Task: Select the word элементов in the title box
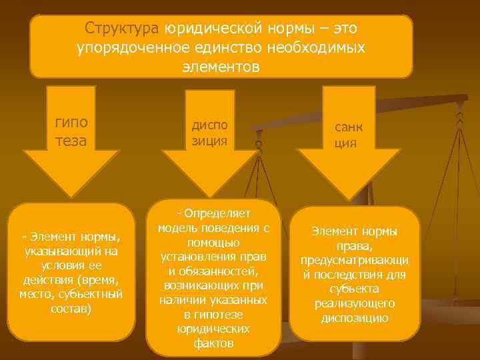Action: tap(220, 67)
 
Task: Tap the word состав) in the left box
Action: tap(71, 309)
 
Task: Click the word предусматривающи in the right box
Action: tap(355, 260)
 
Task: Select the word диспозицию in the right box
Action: tap(355, 318)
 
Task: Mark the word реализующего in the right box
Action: tap(355, 303)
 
